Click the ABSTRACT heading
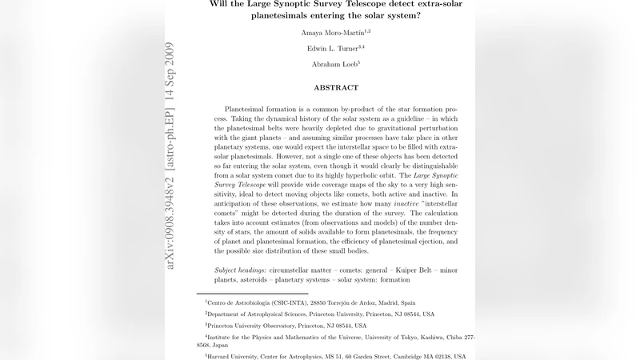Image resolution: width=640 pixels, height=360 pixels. click(x=336, y=87)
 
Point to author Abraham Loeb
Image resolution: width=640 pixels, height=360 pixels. click(x=333, y=65)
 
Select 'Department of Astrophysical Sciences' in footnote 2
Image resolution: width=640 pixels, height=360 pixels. click(x=259, y=314)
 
